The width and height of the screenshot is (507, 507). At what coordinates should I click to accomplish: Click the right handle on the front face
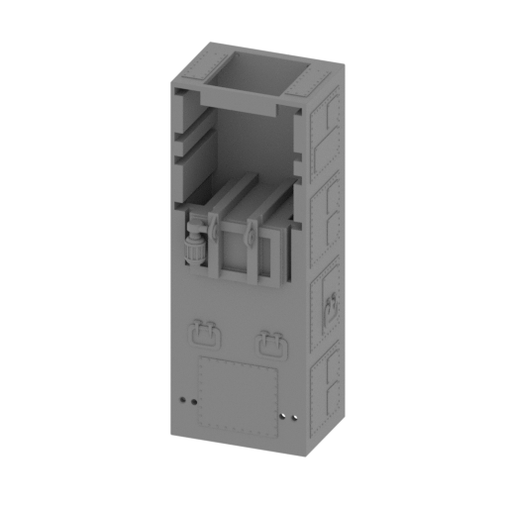coord(271,342)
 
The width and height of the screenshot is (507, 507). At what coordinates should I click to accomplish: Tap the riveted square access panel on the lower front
coord(238,394)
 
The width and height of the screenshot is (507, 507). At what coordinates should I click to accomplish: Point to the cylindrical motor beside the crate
coord(194,245)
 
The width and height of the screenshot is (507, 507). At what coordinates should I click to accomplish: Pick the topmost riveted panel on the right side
coord(326,130)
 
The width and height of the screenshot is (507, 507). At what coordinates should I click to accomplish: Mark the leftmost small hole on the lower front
coord(184,400)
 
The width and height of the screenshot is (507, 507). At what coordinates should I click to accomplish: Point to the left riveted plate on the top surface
coord(198,64)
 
